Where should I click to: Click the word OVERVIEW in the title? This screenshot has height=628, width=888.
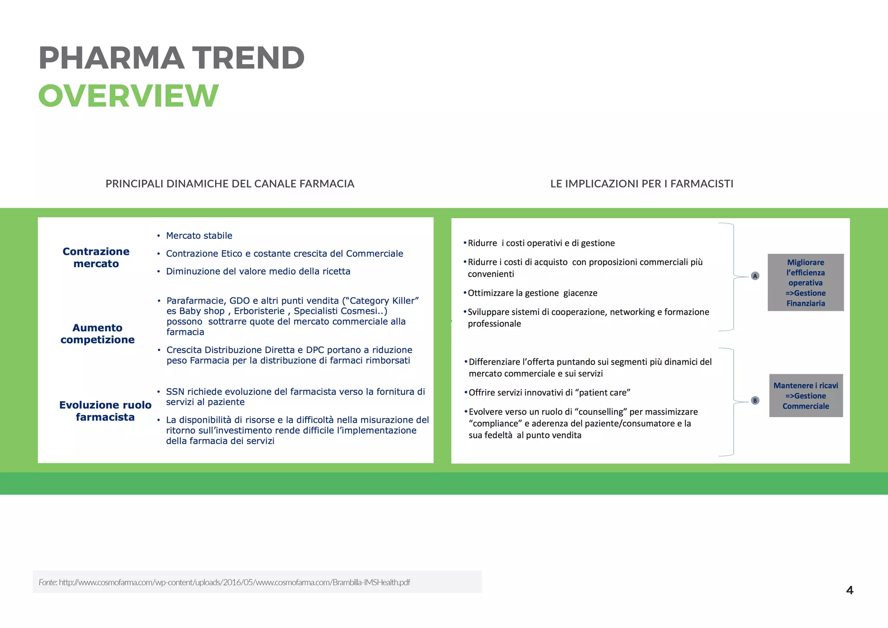128,95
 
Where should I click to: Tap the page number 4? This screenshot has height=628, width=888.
849,590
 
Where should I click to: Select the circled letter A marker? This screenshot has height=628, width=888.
755,276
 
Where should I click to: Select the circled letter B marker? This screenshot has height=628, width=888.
755,401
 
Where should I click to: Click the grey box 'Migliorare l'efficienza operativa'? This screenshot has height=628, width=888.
805,282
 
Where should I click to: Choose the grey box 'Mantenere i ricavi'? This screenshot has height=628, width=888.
806,396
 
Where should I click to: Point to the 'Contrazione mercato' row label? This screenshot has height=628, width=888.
96,258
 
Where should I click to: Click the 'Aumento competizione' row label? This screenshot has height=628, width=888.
98,334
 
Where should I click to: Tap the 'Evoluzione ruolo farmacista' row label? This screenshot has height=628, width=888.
105,411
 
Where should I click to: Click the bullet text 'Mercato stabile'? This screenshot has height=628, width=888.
199,235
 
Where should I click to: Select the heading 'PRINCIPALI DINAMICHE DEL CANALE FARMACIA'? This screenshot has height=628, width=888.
230,184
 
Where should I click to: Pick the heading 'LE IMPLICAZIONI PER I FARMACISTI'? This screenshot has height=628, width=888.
642,184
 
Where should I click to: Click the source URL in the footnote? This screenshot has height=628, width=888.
234,582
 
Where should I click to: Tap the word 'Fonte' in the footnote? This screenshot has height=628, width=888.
47,582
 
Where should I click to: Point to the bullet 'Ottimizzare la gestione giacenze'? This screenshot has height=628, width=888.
532,293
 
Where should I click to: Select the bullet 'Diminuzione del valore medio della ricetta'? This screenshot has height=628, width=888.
258,271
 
